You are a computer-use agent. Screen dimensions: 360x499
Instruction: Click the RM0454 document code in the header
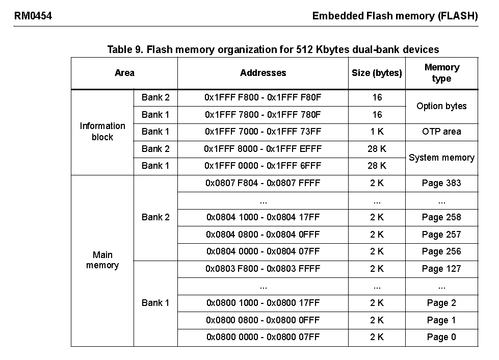coord(33,16)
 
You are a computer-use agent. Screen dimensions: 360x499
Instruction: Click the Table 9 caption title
coord(273,49)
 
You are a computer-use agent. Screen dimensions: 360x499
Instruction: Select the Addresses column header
coord(263,73)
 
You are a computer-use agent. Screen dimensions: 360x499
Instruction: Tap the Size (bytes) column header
coord(377,73)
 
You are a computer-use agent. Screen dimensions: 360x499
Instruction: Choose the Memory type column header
coord(441,73)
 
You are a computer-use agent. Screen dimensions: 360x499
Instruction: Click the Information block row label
coord(102,132)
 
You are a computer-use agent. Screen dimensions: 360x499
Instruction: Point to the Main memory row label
coord(102,260)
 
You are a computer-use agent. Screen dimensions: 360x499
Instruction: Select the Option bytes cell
coord(441,106)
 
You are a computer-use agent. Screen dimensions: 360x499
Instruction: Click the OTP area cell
coord(441,132)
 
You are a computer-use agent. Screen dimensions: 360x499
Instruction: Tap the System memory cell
coord(441,158)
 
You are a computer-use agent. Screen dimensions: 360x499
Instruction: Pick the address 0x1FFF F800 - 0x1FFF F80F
coord(263,97)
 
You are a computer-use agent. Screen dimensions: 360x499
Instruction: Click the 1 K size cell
coord(377,132)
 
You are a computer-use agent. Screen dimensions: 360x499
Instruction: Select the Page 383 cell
coord(441,183)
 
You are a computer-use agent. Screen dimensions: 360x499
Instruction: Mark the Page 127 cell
coord(441,269)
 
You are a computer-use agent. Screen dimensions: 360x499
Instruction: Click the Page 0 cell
coord(441,337)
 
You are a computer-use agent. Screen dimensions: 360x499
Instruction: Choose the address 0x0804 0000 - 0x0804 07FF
coord(263,251)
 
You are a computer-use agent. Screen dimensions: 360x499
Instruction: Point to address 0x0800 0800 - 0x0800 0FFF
coord(263,320)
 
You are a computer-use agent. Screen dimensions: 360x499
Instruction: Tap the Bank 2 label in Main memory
coord(155,217)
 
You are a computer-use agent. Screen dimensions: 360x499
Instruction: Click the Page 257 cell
coord(441,235)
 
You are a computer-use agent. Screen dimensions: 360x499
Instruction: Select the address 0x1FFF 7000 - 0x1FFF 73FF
coord(263,132)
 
